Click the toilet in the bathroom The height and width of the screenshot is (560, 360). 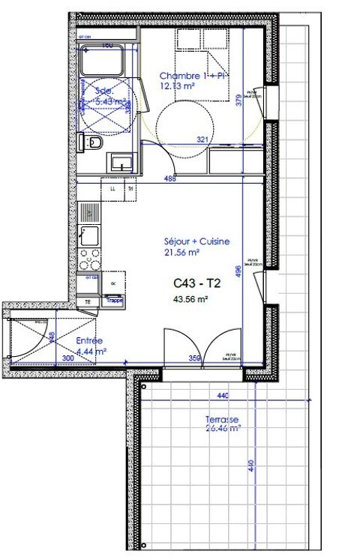coord(94,143)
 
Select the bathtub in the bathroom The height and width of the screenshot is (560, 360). coord(106,61)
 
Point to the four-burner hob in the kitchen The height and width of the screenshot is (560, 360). coord(90,259)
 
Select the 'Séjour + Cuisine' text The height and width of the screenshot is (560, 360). coord(196,241)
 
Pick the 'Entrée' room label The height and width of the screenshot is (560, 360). coord(90,340)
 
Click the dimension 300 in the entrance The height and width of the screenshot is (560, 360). coord(67,358)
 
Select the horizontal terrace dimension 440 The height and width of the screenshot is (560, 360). coord(223,395)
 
